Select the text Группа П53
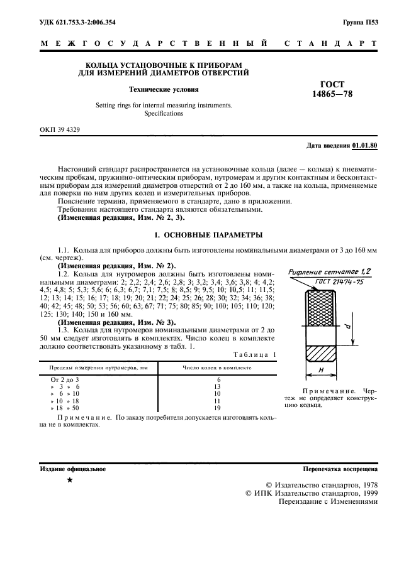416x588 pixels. [360, 23]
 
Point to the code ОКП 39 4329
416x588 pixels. [60, 130]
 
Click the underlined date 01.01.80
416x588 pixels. [365, 146]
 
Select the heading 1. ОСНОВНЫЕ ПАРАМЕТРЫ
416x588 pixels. [208, 235]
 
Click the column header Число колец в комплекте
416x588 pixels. [217, 367]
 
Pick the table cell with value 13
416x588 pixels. [218, 388]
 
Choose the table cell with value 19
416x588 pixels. [218, 408]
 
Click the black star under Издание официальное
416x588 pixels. [70, 481]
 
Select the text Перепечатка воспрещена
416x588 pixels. [340, 469]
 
